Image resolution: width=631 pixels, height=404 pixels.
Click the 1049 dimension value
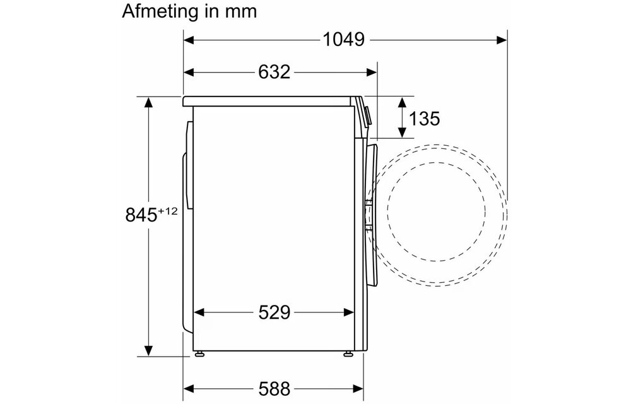(x=344, y=39)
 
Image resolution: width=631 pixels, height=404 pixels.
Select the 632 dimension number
(x=274, y=72)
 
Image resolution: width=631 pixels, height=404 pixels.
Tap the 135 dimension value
(x=424, y=118)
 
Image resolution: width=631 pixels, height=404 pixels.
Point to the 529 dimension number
(x=274, y=312)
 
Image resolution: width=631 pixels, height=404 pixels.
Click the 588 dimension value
(x=274, y=389)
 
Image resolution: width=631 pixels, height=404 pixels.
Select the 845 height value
(x=141, y=215)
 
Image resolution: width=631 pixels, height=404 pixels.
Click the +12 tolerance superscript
(x=168, y=211)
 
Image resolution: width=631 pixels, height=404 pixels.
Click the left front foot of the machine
(x=199, y=353)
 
